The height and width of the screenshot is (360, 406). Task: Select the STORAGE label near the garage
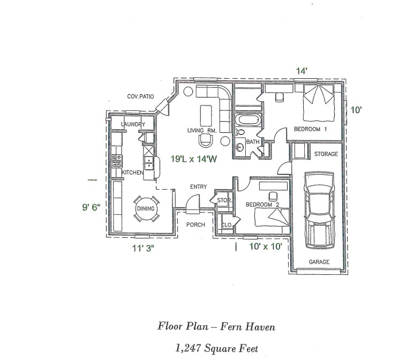(326, 154)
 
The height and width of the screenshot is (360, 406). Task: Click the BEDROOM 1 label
(310, 129)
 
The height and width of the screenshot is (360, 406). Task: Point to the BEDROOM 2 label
(262, 205)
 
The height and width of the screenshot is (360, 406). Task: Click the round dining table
(146, 208)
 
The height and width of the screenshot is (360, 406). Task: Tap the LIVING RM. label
(201, 130)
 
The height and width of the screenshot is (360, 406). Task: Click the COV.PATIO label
(140, 96)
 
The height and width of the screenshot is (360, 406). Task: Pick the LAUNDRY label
(133, 124)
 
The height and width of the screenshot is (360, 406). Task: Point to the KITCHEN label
(132, 172)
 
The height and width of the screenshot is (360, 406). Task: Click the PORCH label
(196, 224)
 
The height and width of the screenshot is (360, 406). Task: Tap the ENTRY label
(198, 186)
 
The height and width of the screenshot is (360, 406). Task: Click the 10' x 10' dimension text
(265, 247)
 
